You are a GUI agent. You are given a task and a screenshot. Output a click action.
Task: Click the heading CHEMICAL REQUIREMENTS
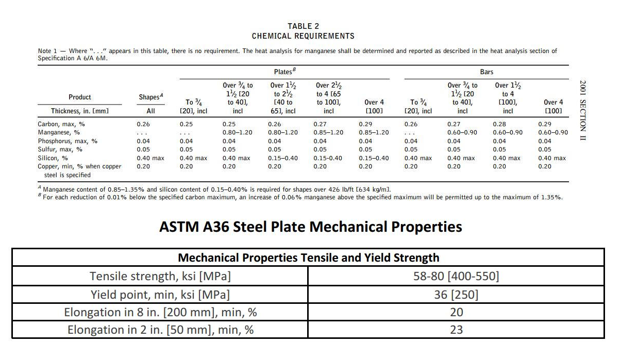303,36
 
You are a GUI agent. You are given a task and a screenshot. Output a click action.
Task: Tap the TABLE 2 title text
303,26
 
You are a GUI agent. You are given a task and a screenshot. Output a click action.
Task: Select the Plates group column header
284,72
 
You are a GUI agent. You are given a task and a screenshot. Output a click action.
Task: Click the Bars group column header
486,72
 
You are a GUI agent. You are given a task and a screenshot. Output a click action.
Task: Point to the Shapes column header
150,97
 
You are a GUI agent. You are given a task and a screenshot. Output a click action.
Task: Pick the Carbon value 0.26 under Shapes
143,124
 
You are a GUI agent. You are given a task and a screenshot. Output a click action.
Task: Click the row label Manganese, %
59,132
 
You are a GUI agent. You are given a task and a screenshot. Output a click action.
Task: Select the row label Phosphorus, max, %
68,141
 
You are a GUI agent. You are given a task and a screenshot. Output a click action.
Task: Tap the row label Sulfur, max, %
60,149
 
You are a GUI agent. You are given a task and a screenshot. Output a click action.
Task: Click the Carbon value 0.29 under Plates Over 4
365,124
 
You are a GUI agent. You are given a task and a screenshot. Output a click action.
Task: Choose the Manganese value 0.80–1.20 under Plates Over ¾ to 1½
237,132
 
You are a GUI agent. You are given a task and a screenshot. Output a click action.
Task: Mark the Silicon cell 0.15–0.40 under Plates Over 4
374,158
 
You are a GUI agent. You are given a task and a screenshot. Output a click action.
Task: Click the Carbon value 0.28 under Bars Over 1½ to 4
499,124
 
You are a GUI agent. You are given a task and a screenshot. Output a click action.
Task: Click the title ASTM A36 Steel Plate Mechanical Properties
310,227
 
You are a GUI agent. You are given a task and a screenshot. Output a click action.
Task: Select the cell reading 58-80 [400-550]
456,276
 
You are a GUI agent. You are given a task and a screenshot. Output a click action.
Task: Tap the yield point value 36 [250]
456,295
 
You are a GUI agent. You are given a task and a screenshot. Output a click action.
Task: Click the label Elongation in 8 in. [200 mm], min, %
160,312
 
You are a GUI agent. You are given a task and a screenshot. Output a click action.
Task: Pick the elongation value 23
456,330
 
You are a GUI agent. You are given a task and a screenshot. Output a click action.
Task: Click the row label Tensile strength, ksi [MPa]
160,276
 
